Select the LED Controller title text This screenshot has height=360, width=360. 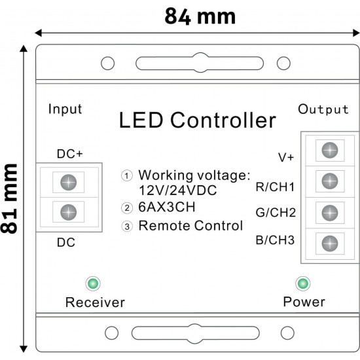pos(197,120)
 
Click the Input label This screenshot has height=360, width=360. pos(65,109)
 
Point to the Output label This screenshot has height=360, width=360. pos(323,109)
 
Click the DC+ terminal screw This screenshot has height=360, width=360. pos(69,182)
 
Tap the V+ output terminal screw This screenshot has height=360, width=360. pos(330,150)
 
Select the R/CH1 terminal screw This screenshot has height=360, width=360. pos(330,181)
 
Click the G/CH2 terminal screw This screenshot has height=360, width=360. pos(330,212)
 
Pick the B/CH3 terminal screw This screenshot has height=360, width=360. pos(330,243)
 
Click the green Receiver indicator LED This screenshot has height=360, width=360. pos(93,283)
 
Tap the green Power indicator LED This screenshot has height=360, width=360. pos(303,283)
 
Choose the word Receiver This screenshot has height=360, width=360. pos(95,302)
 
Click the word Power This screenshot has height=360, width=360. pos(304,302)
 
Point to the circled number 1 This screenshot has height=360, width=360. pos(127,175)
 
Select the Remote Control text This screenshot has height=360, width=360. pos(190,226)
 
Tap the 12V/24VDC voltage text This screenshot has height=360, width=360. pos(177,190)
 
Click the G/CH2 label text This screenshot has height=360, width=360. pos(276,213)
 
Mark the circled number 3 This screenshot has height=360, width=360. pos(127,226)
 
